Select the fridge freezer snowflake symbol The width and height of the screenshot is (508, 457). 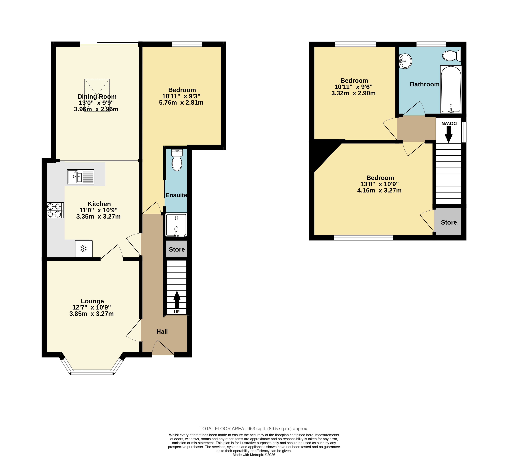84,249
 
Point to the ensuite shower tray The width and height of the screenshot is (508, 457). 176,225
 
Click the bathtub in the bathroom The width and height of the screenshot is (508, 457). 451,89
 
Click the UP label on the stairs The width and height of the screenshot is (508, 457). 177,312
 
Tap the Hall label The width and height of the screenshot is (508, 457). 162,331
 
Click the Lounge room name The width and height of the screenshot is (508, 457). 92,301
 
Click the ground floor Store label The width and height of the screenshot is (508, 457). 177,249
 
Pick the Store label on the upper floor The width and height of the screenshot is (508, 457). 449,222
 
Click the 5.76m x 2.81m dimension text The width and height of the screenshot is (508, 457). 181,102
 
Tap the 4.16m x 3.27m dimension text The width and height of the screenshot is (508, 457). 379,190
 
